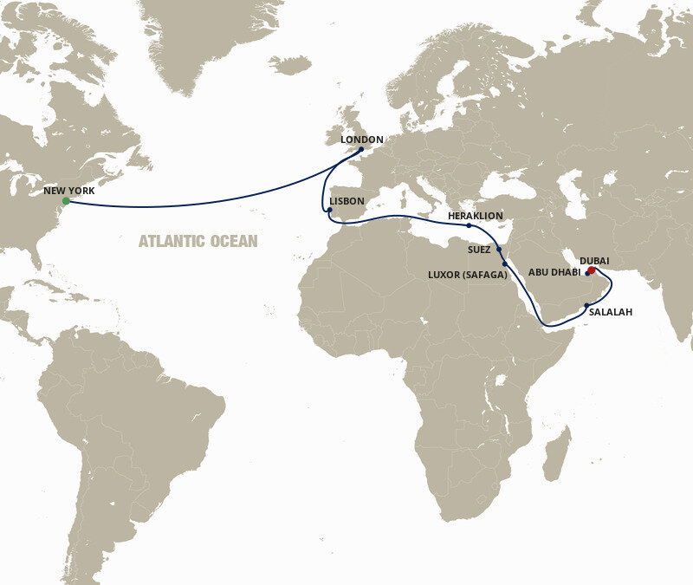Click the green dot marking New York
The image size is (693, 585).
(65, 202)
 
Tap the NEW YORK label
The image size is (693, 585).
(69, 189)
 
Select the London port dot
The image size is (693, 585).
(361, 149)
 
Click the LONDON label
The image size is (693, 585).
(362, 139)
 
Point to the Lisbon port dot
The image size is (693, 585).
(329, 210)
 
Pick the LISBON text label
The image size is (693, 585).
(347, 201)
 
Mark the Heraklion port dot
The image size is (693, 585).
(469, 226)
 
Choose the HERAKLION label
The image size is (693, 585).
(475, 216)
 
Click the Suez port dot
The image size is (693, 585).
(499, 249)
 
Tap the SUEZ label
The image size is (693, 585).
(478, 250)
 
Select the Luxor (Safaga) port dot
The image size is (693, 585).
(504, 263)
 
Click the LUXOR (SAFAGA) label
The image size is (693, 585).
(467, 274)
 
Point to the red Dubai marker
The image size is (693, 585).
(592, 270)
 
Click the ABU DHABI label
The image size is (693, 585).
(556, 271)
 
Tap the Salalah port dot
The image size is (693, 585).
(586, 304)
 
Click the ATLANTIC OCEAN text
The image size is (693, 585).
(198, 241)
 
